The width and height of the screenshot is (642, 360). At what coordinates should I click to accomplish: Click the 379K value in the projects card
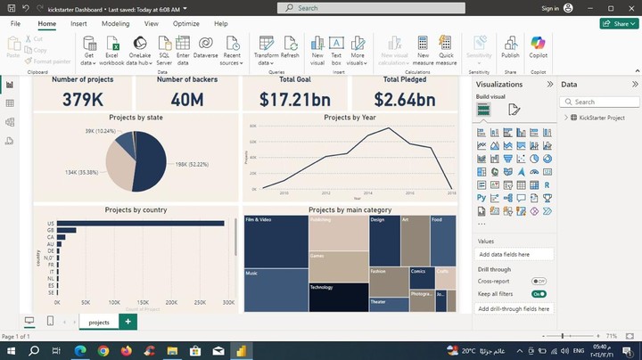81,99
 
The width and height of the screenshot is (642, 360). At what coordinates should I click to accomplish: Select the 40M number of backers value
186,99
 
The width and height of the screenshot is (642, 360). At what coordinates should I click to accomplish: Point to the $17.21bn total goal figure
295,99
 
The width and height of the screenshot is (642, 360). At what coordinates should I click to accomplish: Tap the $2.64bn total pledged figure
404,99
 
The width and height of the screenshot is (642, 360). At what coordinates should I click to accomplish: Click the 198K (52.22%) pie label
192,164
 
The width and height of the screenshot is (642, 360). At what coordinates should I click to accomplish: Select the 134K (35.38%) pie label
82,172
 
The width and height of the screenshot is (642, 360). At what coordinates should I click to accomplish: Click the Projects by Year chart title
350,118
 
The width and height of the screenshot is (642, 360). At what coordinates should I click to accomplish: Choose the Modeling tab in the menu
115,23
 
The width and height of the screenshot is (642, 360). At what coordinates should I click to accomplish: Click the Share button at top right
619,23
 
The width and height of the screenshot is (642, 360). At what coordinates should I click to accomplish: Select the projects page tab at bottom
99,322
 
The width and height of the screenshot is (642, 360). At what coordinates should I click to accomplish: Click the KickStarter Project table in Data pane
602,118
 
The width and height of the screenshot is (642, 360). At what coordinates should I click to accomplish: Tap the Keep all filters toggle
539,293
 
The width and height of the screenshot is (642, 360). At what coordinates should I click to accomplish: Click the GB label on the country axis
51,230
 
